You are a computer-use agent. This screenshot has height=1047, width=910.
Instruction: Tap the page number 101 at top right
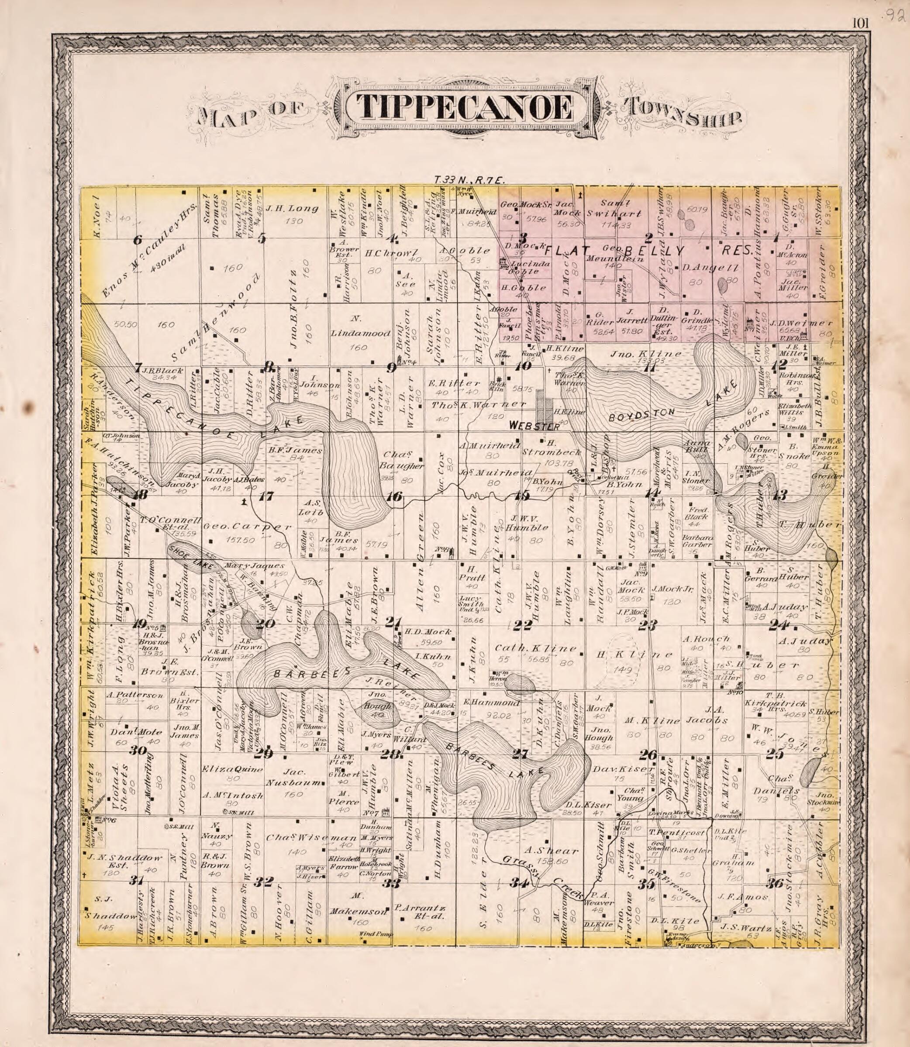tap(862, 23)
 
